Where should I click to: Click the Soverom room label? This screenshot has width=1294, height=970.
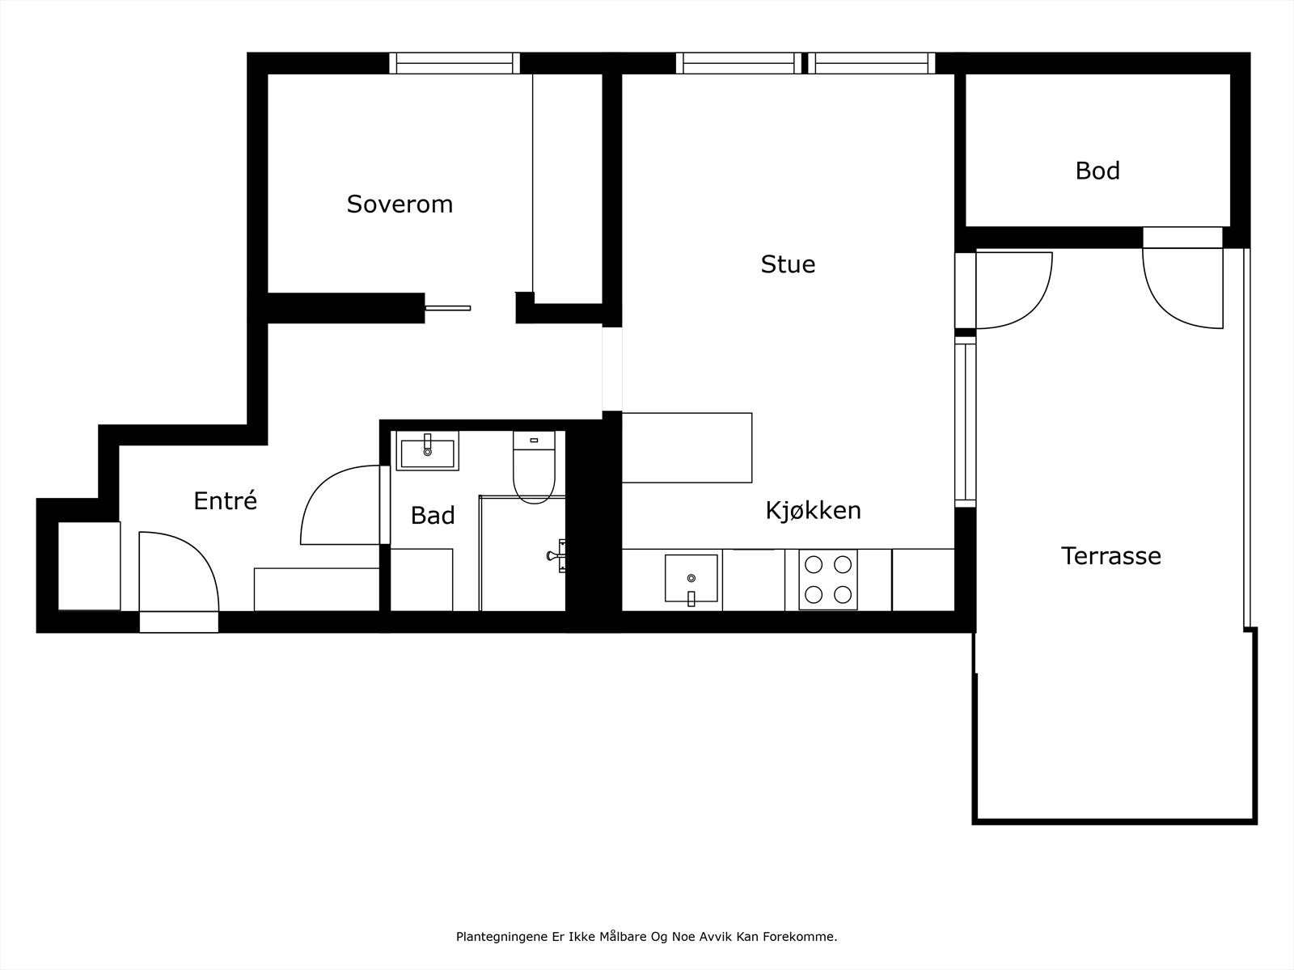[x=400, y=205]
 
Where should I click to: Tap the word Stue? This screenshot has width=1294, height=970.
[x=789, y=264]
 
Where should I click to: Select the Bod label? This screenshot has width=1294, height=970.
[x=1097, y=171]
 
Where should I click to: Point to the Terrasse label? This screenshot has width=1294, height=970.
[x=1111, y=556]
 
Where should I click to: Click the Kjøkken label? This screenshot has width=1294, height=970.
[x=813, y=510]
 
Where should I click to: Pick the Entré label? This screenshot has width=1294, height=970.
[x=225, y=500]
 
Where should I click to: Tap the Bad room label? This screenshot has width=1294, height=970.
[x=433, y=516]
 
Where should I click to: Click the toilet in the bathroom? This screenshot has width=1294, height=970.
[x=534, y=467]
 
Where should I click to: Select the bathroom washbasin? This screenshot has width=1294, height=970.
[x=427, y=450]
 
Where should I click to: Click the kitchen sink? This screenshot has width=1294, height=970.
[x=691, y=578]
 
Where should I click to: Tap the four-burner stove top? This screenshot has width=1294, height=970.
[x=828, y=580]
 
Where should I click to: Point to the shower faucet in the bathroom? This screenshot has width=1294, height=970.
[x=556, y=555]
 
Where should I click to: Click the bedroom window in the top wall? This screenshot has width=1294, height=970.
[x=455, y=63]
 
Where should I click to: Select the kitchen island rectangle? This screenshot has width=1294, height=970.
[x=687, y=448]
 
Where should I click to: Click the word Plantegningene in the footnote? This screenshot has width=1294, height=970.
[x=502, y=937]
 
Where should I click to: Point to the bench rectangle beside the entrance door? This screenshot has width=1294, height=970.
[x=316, y=589]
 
